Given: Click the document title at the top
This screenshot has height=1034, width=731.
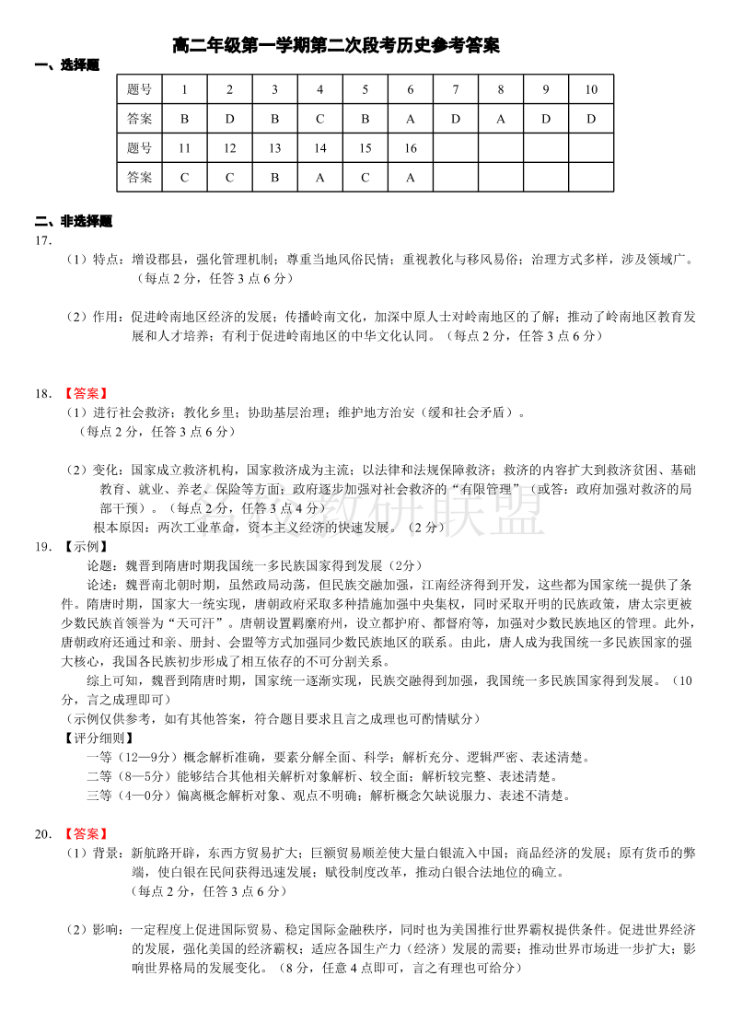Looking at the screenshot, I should pos(336,45).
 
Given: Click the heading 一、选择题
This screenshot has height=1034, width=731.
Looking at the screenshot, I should pos(66,65).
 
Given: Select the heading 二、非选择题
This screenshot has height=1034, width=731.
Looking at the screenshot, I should pos(73,221).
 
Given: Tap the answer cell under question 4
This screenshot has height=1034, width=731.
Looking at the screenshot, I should pos(319,119).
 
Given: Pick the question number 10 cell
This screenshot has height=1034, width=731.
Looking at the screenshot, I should pos(591,89).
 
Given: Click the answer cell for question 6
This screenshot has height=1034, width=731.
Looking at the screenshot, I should pos(410,119).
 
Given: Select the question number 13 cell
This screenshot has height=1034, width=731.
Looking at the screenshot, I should pos(274,148).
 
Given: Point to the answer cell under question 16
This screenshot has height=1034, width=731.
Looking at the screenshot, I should pos(410,178).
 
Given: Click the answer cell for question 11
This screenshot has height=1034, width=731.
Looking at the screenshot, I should pos(184,178).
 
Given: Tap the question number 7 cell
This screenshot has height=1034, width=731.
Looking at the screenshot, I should pos(455,89).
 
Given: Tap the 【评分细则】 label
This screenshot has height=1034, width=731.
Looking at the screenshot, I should pos(99,738).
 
